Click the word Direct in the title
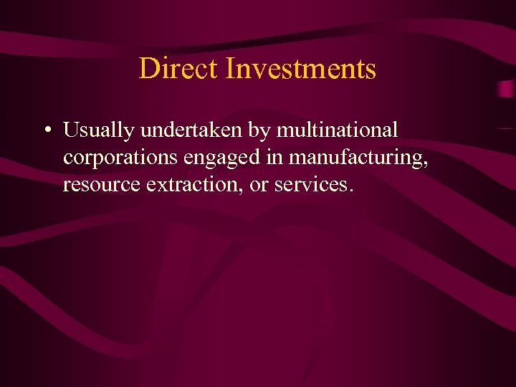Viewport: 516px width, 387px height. click(178, 69)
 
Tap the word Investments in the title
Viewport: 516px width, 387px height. click(300, 69)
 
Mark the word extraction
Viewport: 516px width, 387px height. click(188, 185)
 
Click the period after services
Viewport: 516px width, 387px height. click(350, 191)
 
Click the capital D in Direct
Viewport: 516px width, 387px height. click(148, 69)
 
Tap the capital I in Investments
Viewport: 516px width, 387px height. click(230, 69)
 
